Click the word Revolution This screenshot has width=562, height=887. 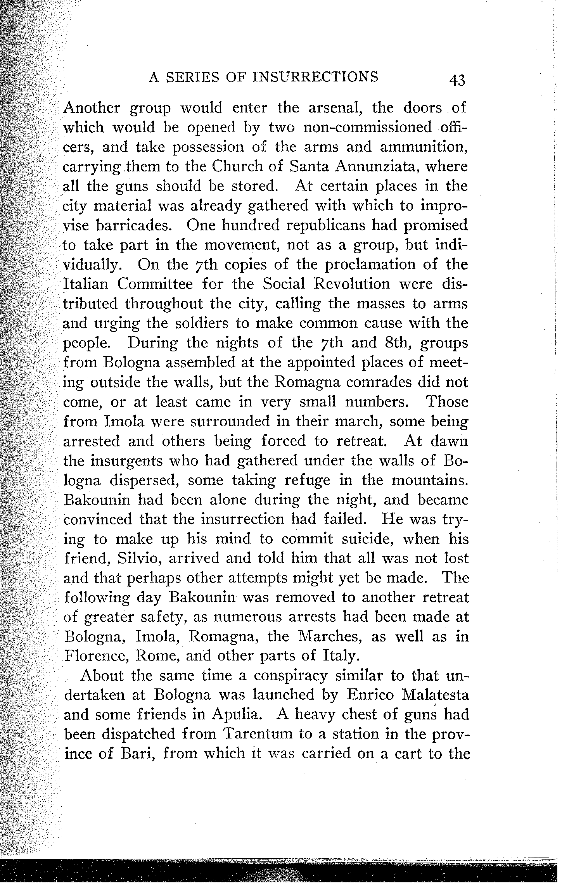tap(341, 284)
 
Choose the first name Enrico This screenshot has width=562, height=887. tap(370, 696)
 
